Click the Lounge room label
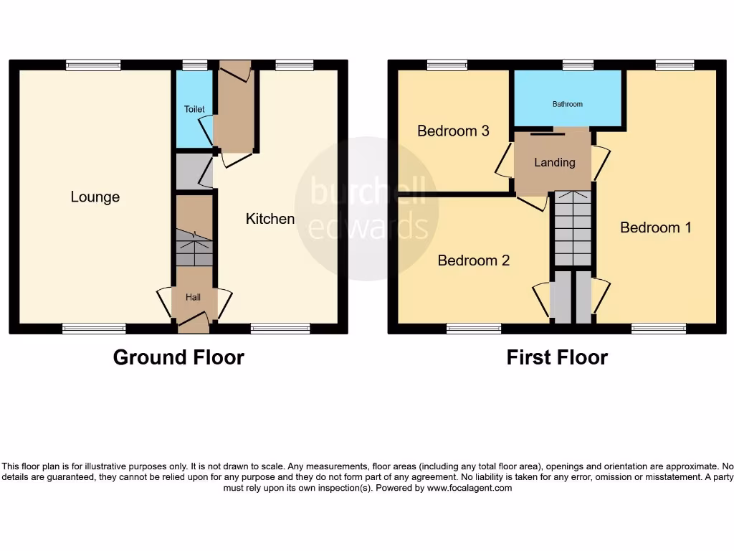95,197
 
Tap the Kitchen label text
270,219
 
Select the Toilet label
194,109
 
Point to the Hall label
194,297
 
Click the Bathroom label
567,104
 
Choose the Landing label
554,162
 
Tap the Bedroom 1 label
655,227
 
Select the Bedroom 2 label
473,260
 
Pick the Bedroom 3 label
453,131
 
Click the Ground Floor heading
178,357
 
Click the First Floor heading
556,357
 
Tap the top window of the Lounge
93,65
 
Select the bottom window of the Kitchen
280,329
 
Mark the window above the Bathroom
578,65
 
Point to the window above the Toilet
194,65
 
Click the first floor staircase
572,228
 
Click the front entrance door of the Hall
194,324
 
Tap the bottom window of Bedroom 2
473,329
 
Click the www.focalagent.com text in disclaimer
470,488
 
